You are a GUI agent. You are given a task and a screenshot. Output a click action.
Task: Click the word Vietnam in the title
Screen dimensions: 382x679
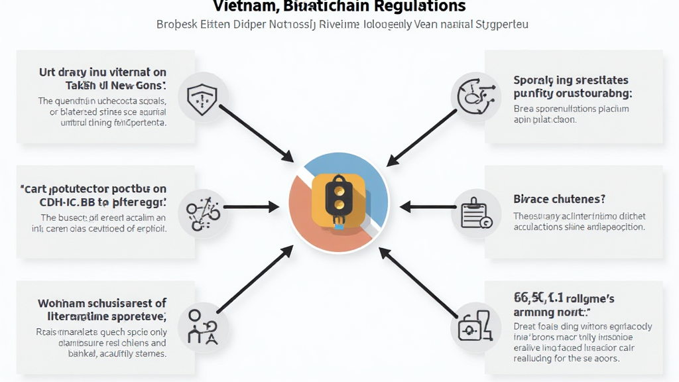238,7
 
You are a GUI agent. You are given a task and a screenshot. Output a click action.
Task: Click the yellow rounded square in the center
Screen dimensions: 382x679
339,199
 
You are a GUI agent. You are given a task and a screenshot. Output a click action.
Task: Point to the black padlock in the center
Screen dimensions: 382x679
338,196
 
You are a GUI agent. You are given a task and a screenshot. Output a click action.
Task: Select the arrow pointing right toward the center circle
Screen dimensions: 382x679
252,208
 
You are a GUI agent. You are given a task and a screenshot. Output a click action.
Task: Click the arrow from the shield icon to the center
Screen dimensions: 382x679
256,133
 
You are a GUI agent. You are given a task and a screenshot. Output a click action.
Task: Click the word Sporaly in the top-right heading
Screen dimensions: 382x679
533,80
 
